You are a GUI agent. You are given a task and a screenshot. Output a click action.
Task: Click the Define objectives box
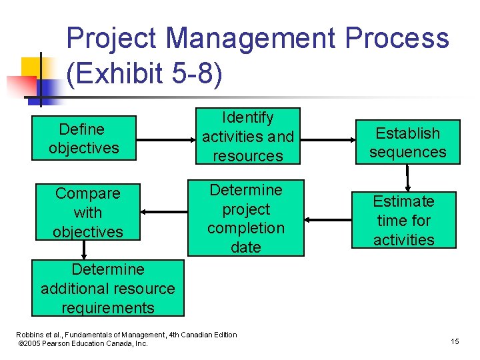84,138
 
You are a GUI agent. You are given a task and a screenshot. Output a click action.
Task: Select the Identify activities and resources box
247,137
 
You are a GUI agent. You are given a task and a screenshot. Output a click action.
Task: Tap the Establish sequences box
407,142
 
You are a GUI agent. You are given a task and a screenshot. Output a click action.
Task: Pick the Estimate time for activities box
403,220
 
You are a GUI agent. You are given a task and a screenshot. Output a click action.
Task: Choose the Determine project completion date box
245,218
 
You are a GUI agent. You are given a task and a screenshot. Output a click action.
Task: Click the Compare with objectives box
87,212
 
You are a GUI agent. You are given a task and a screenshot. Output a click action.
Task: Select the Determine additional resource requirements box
107,288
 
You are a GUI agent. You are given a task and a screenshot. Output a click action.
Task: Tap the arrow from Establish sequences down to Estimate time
407,177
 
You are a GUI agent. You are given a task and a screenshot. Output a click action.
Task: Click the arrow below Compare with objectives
84,249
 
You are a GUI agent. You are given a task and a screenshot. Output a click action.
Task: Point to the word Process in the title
397,38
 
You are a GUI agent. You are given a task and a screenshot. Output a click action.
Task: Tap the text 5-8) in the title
193,74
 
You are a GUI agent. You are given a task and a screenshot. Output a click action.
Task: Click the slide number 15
455,341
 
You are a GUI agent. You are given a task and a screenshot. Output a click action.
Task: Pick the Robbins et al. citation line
127,335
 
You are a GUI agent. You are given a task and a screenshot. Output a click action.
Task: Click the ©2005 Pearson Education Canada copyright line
83,343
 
